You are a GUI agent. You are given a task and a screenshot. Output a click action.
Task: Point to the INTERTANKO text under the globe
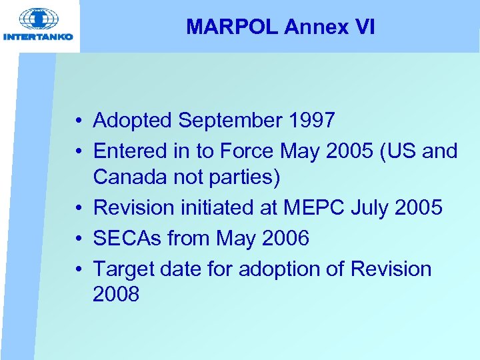coord(39,37)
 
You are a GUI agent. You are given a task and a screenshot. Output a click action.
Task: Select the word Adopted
coord(132,121)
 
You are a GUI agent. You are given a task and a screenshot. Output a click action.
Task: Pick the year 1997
coord(311,121)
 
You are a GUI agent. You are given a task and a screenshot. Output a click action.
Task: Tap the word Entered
coord(127,151)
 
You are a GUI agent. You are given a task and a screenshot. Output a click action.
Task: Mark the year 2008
coord(116,294)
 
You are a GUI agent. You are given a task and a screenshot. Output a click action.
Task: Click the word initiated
coord(229,208)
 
